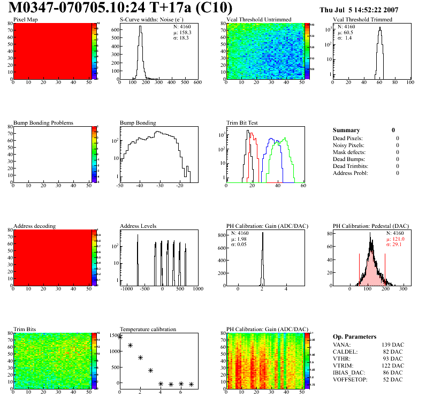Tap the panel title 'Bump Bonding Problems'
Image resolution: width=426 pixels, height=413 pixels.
pos(43,123)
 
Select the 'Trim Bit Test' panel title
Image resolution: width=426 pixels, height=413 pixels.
pos(242,123)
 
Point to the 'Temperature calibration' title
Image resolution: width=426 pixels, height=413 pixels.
pos(148,329)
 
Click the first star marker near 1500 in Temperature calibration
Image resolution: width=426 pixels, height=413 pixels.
pos(120,336)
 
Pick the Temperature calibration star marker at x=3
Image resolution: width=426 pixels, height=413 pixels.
pos(150,370)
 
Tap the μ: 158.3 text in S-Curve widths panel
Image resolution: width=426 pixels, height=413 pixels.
pos(183,32)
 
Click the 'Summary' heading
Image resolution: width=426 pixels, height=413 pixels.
pos(346,130)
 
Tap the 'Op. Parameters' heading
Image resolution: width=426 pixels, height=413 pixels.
pos(354,336)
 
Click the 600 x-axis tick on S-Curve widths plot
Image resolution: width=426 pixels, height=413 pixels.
pos(197,83)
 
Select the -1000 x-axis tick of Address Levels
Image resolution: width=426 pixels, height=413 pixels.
pos(126,289)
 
